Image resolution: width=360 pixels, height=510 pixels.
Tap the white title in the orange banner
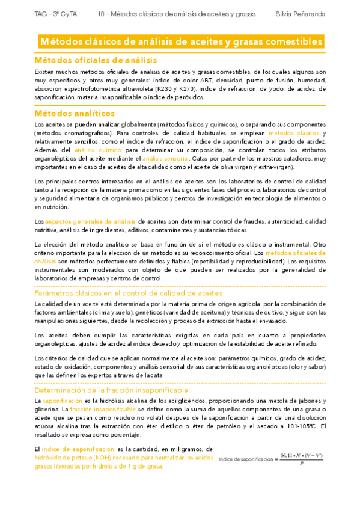click(180, 41)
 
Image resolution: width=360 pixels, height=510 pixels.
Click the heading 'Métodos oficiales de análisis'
click(96, 60)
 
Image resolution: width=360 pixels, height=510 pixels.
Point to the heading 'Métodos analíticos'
click(75, 113)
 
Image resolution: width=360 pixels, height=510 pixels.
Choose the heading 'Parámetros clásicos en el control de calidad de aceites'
click(128, 293)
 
